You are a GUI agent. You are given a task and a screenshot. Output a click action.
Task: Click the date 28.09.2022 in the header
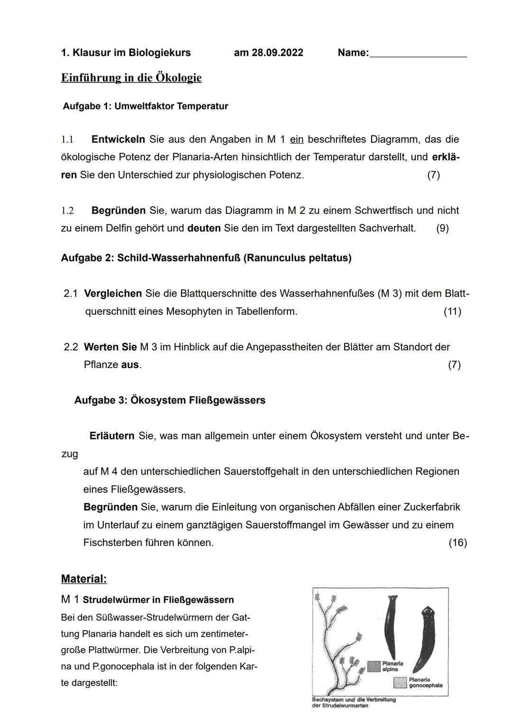pyautogui.click(x=268, y=53)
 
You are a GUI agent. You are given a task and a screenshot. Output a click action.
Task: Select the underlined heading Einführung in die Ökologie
pyautogui.click(x=131, y=78)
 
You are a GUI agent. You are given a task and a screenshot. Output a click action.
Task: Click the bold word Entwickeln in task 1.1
pyautogui.click(x=118, y=139)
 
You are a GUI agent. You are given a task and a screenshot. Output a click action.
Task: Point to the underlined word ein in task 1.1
pyautogui.click(x=296, y=139)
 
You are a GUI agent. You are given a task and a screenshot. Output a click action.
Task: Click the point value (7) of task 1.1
pyautogui.click(x=433, y=175)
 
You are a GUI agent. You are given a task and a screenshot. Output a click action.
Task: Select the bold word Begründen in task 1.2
pyautogui.click(x=118, y=211)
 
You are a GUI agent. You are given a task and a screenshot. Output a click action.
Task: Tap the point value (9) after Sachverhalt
pyautogui.click(x=442, y=228)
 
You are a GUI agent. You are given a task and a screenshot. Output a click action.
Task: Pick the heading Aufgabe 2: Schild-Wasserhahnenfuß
pyautogui.click(x=206, y=258)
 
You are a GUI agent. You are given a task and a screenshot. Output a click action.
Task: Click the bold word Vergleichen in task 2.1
pyautogui.click(x=113, y=293)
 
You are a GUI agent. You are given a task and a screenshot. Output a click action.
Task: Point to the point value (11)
pyautogui.click(x=452, y=312)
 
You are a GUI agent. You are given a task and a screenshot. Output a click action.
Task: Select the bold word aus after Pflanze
pyautogui.click(x=130, y=365)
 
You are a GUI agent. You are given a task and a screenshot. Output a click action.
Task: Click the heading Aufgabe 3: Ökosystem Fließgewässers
pyautogui.click(x=170, y=400)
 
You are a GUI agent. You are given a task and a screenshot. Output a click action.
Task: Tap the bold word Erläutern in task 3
pyautogui.click(x=112, y=436)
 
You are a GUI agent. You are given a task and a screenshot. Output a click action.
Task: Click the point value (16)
pyautogui.click(x=457, y=543)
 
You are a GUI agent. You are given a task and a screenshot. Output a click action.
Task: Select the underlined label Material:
pyautogui.click(x=84, y=579)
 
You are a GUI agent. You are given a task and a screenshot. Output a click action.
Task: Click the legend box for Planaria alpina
pyautogui.click(x=374, y=666)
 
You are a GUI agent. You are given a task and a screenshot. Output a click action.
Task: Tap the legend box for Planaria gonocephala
pyautogui.click(x=401, y=682)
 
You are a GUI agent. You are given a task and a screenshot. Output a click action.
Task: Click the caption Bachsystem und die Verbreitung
pyautogui.click(x=354, y=699)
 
